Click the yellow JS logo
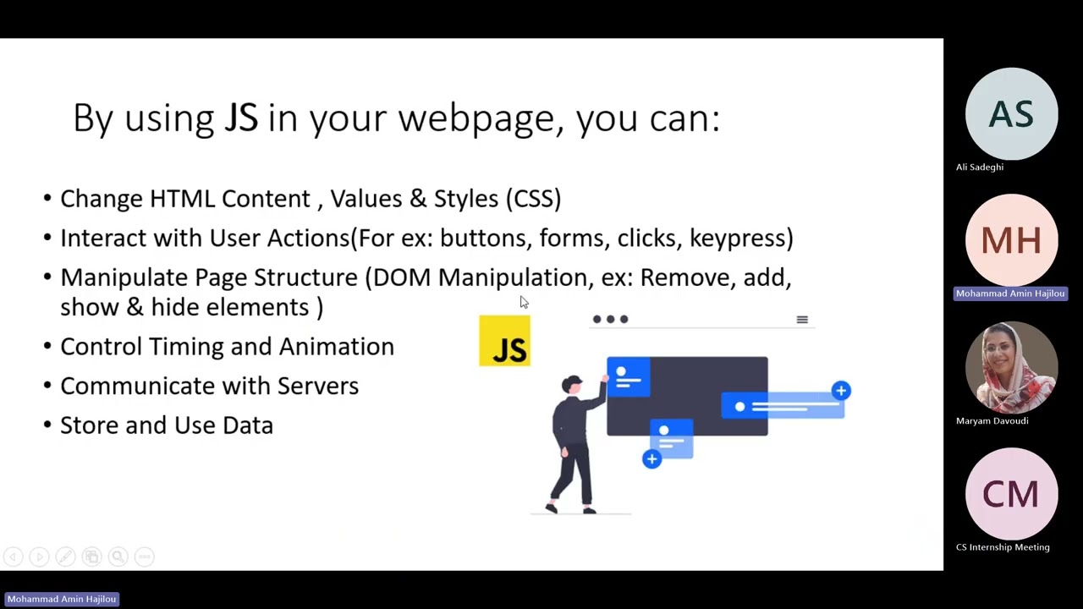click(x=504, y=341)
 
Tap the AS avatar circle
click(x=1011, y=114)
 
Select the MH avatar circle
click(x=1011, y=241)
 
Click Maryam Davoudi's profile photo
click(x=1011, y=368)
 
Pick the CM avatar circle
click(x=1011, y=495)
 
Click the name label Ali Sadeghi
click(x=979, y=167)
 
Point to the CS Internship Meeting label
click(x=1003, y=547)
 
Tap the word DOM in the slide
click(x=401, y=277)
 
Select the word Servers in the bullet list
click(x=318, y=386)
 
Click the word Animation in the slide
click(x=337, y=347)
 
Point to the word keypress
click(x=740, y=239)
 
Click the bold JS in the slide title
click(x=240, y=118)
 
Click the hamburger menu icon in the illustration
click(x=802, y=320)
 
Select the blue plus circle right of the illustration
click(x=840, y=390)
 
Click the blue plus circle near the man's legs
click(x=651, y=459)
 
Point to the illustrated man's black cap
click(x=572, y=381)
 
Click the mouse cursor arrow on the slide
click(x=524, y=302)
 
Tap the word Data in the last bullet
click(x=248, y=425)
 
